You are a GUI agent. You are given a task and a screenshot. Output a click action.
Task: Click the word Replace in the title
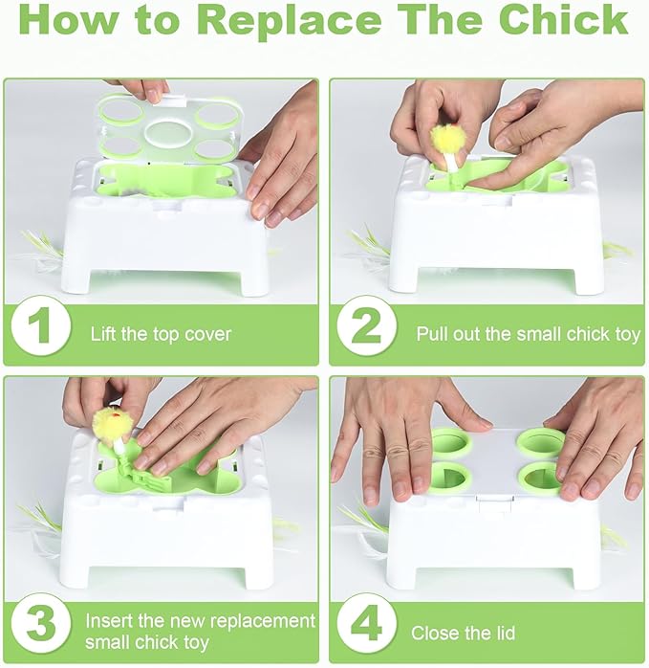(290, 20)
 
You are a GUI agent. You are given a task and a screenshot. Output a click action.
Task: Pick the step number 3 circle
(41, 625)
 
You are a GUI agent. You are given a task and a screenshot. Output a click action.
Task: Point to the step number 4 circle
(367, 625)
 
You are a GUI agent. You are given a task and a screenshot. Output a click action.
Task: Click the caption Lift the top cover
(161, 334)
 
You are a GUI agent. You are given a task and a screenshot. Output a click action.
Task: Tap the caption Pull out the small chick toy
(529, 334)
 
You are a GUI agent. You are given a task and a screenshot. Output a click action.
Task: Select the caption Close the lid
(463, 633)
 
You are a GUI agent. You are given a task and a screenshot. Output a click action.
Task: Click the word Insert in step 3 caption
(109, 621)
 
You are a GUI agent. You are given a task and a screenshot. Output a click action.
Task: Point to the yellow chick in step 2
(446, 140)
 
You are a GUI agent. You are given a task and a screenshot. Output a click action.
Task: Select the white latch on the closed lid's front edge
(494, 503)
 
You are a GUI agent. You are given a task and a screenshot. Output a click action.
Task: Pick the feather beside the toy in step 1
(43, 252)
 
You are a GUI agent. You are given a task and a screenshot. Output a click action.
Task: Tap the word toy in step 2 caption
(628, 335)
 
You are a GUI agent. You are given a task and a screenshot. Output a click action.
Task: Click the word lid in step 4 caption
(504, 633)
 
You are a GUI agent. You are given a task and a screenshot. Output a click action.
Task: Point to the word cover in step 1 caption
(208, 335)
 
